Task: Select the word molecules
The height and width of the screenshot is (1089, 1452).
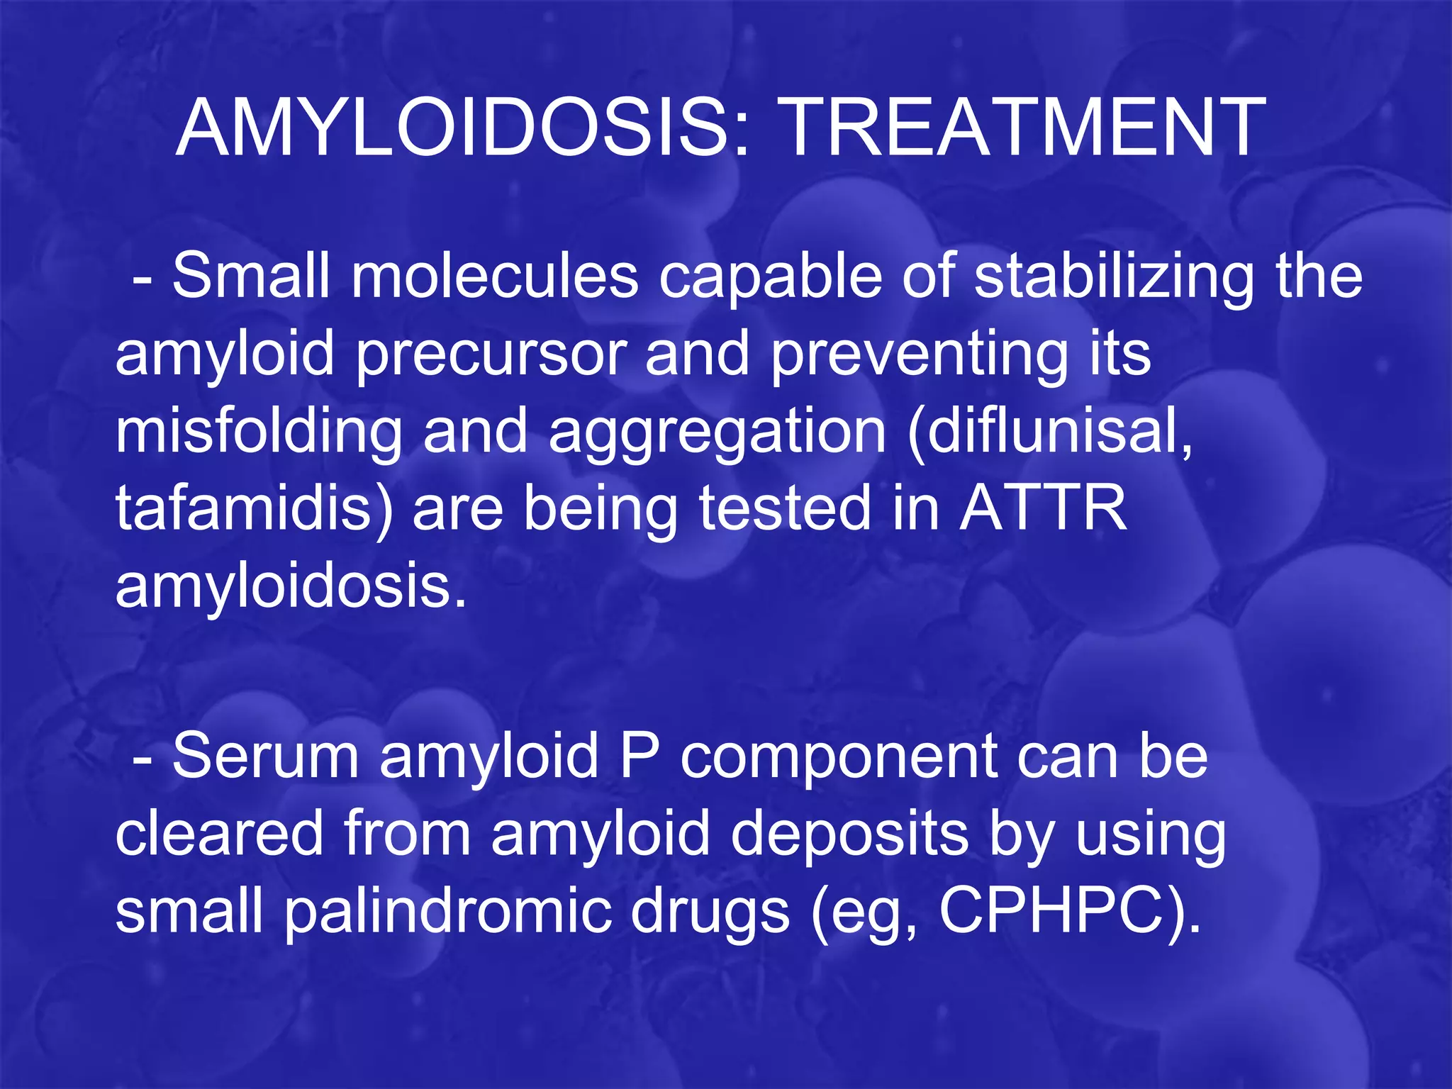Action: point(494,277)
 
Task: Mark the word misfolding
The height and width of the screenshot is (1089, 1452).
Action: point(259,433)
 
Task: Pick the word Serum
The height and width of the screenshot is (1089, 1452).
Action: point(265,757)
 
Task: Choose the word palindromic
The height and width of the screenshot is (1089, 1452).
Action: point(447,913)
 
